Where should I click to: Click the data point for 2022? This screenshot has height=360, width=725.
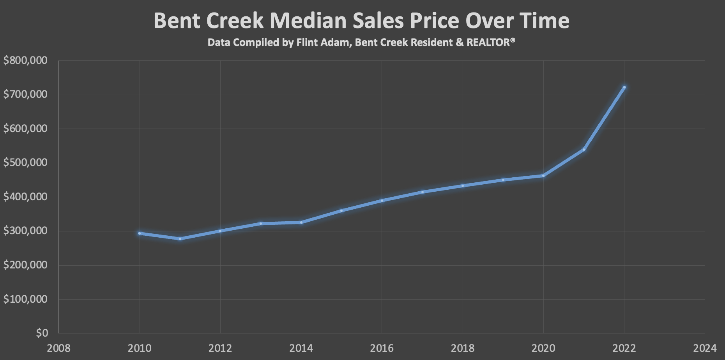pos(624,87)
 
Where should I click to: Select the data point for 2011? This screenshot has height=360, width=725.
pos(180,238)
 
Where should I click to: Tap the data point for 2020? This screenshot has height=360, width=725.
pos(543,176)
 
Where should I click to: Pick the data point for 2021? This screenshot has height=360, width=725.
pos(584,150)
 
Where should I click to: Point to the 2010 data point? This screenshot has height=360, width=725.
pos(140,233)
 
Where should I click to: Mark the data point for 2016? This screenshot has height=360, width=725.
pos(382,201)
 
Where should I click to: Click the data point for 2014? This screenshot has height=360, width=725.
pos(301,222)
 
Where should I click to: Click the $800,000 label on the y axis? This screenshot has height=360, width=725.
pos(25,60)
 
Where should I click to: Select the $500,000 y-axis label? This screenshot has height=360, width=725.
pos(25,162)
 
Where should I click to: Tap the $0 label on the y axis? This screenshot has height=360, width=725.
pos(42,333)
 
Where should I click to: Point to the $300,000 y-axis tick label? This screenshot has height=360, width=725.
pos(25,231)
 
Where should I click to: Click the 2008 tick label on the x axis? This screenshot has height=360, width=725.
pos(58,348)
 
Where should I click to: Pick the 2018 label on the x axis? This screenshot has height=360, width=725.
pos(463,348)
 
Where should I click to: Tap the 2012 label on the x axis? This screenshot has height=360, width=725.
pos(220,348)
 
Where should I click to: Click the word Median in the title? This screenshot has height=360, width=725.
pos(308,21)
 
